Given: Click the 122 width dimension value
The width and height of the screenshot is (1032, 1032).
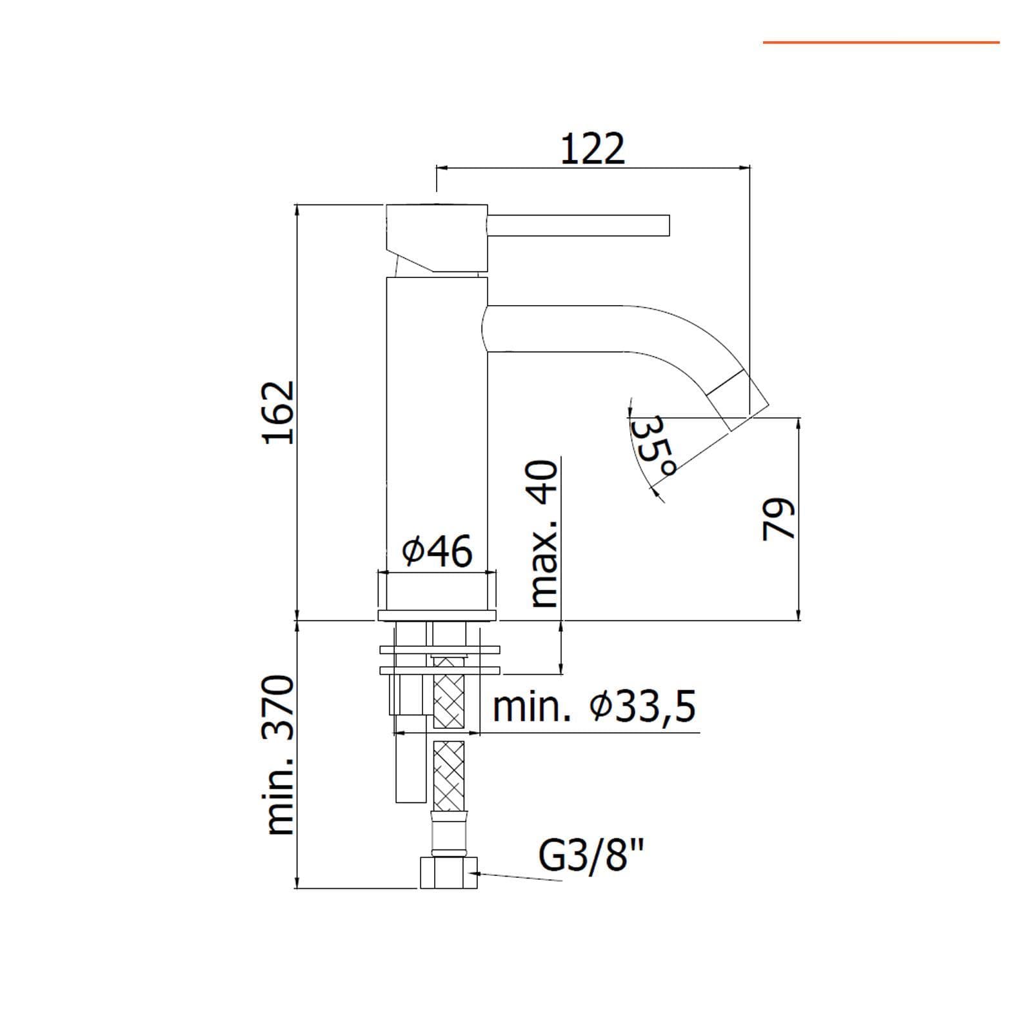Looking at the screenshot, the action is (593, 149).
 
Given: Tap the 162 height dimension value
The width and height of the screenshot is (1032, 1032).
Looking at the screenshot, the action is (279, 412).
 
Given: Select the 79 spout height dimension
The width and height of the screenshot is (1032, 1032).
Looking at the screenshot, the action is (779, 519).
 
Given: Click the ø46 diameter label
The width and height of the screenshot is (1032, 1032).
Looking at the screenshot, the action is (437, 551).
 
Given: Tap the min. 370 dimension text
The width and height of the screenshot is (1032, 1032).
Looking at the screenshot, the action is (281, 755).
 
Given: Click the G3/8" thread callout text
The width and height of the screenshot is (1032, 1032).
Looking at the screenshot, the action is (591, 857).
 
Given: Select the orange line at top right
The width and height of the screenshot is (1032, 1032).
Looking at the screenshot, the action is (881, 43).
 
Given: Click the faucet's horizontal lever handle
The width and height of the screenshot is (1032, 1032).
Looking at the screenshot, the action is (579, 225).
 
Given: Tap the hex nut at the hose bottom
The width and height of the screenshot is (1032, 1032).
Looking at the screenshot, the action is (449, 873).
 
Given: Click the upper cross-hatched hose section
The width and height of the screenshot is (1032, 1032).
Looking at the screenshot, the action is (449, 693).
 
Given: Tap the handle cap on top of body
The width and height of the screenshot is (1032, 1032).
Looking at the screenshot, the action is (437, 238).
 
